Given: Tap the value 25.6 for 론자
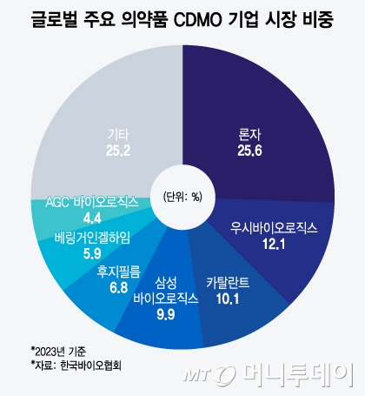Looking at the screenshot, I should [249, 151].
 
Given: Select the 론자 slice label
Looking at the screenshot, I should [249, 135].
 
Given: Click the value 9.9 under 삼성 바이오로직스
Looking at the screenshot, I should [165, 312].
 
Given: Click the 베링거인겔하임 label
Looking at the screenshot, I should [90, 237].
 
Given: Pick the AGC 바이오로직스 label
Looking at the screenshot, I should [91, 203].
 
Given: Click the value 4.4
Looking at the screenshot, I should [91, 218].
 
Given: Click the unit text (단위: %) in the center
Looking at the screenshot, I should [182, 195].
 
